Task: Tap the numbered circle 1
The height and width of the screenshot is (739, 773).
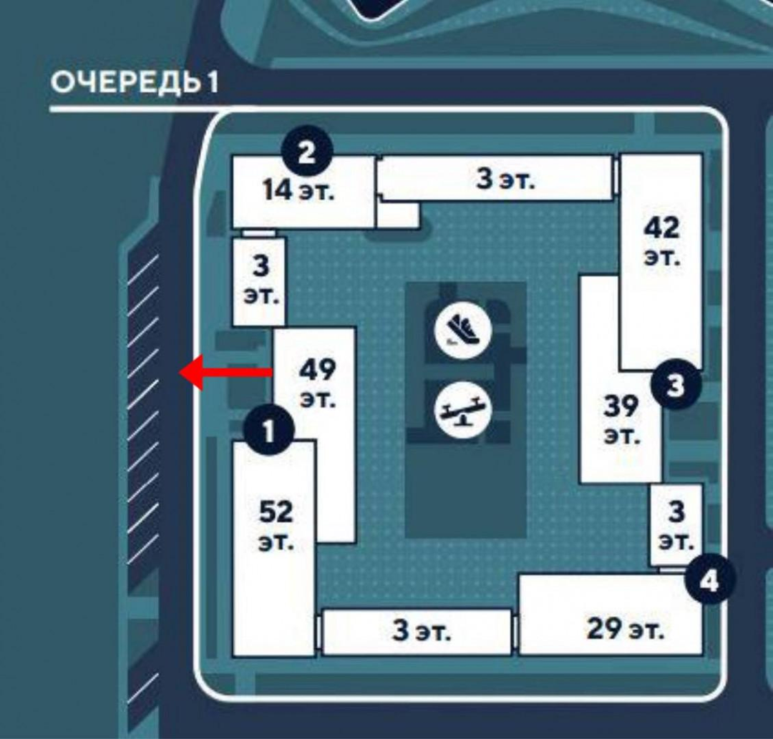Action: (x=268, y=431)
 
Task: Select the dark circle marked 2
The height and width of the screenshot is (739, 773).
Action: (x=306, y=152)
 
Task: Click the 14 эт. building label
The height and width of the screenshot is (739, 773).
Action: (x=298, y=191)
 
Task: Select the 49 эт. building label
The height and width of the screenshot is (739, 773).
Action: (x=317, y=383)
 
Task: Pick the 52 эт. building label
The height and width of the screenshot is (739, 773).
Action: (x=276, y=526)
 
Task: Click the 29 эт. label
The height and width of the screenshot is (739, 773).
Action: (x=625, y=630)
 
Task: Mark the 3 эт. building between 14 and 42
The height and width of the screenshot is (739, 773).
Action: (x=505, y=179)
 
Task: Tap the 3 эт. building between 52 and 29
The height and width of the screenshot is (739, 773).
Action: (x=422, y=632)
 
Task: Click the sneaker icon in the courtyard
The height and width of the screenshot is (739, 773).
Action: (x=462, y=330)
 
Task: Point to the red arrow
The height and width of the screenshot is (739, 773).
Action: (x=226, y=372)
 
